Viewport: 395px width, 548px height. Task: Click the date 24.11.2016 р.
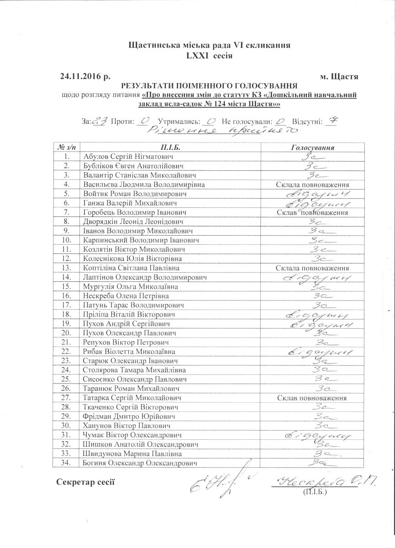pos(85,76)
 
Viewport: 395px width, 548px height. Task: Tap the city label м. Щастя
pos(339,76)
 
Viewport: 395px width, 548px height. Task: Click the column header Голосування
pos(313,148)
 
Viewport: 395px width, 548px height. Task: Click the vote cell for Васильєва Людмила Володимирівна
pos(313,184)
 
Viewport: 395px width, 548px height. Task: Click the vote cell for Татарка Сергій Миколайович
pos(313,398)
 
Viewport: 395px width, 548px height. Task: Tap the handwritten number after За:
pos(100,121)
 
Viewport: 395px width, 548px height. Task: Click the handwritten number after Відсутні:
pos(332,121)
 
